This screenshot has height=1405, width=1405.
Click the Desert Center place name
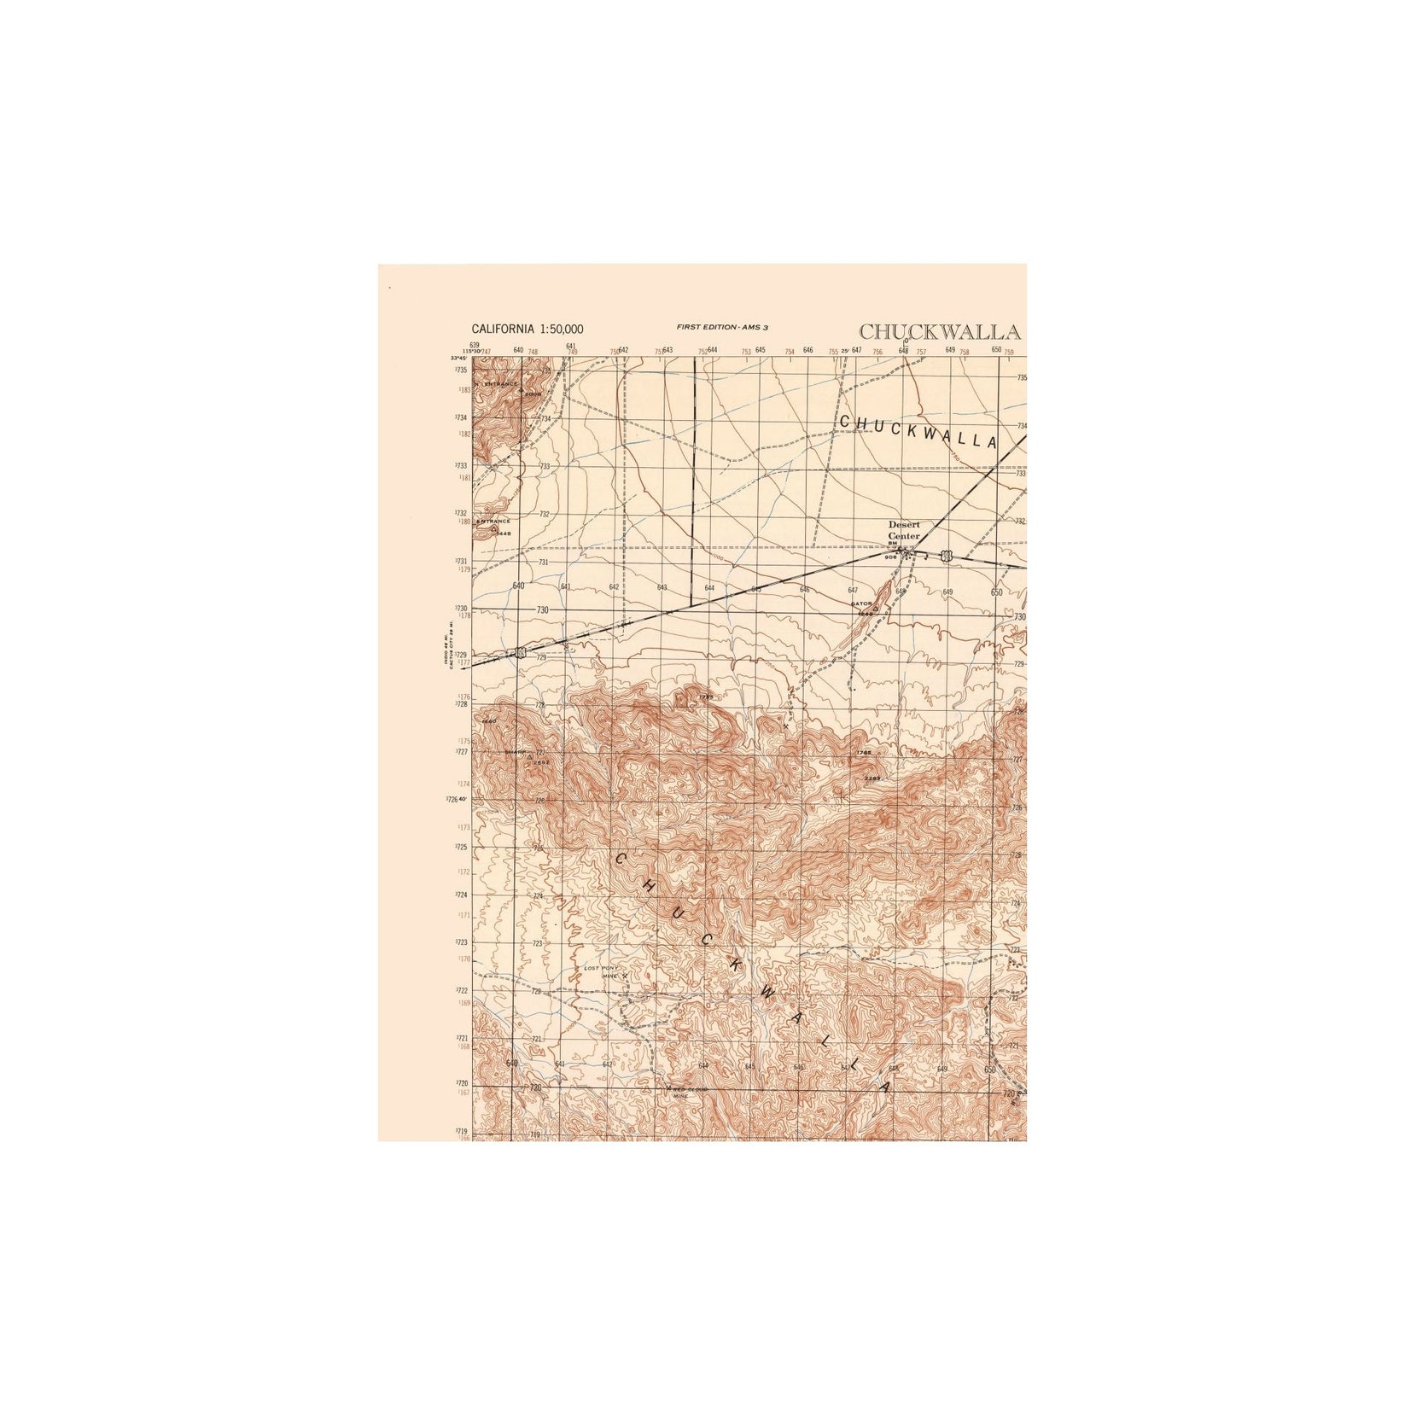[904, 530]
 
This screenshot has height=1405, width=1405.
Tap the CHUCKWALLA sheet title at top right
[939, 332]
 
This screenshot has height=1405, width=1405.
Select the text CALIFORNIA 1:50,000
[528, 329]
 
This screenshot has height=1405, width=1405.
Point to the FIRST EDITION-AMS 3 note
[722, 327]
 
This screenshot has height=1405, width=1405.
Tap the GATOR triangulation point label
[860, 603]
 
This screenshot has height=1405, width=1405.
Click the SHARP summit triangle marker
[530, 756]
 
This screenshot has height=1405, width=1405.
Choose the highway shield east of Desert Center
[946, 557]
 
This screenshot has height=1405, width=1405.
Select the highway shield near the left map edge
[519, 653]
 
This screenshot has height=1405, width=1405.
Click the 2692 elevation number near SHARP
[541, 762]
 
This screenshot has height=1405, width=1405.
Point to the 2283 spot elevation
[872, 778]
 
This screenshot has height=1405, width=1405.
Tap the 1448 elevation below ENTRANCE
[503, 533]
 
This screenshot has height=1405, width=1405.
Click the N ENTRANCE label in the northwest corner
[500, 384]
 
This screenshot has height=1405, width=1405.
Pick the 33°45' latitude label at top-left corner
[458, 358]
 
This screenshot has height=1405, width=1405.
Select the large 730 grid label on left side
[543, 610]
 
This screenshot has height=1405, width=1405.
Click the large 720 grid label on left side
[536, 1088]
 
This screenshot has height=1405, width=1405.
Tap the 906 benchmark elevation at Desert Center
[890, 557]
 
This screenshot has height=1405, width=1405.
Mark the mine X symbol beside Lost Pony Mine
[625, 975]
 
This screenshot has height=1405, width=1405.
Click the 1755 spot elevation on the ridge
[705, 697]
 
